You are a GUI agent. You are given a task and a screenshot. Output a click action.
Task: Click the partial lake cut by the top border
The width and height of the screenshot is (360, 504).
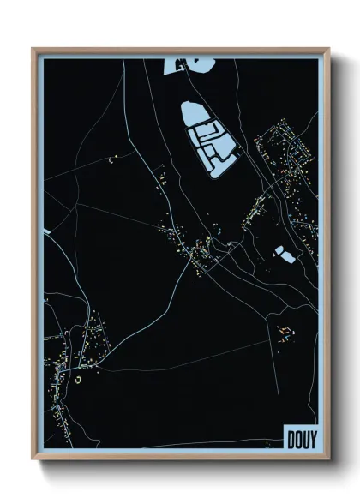[185, 63]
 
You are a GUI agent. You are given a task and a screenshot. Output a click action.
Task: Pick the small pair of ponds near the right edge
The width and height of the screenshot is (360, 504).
[282, 252]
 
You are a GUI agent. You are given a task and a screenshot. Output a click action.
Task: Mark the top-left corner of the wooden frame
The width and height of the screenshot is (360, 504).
[33, 49]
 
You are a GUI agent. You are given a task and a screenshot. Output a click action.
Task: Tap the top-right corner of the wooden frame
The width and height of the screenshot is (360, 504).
[329, 49]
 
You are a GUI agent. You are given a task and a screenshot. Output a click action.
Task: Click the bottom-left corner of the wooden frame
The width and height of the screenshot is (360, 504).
[33, 459]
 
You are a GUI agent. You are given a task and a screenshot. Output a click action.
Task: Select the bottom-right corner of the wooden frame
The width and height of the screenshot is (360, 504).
[329, 459]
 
